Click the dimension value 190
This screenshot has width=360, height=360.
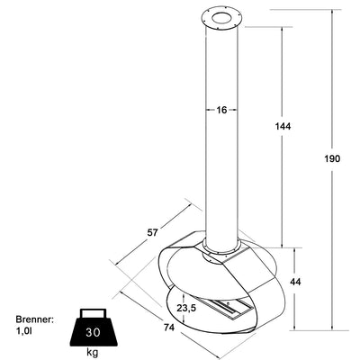(x=332, y=158)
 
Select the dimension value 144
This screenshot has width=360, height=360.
(x=283, y=126)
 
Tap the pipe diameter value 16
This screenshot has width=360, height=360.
(x=221, y=110)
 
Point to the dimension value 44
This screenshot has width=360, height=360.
(x=295, y=282)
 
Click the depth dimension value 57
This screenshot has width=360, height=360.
(x=152, y=232)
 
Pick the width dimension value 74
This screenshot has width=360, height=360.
(x=169, y=328)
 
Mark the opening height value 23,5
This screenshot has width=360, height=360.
(x=186, y=308)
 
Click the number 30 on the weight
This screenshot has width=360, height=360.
(x=93, y=332)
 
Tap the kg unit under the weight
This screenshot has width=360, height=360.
(x=93, y=353)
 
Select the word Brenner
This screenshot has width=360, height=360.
(x=35, y=319)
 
